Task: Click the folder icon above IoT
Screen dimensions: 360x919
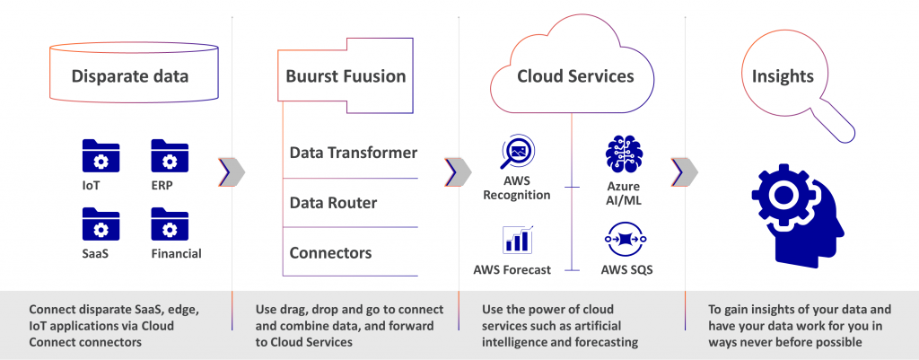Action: [x=101, y=155]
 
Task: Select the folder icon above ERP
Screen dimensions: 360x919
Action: [x=169, y=155]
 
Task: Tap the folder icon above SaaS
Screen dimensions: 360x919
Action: [x=101, y=224]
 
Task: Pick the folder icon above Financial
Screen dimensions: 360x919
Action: [x=169, y=224]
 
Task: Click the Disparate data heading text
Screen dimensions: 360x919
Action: [x=130, y=76]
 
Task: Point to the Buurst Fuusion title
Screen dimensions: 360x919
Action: [x=346, y=76]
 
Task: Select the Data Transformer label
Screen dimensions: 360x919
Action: [x=353, y=153]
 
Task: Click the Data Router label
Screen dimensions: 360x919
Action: [x=333, y=203]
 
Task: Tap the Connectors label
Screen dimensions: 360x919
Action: [x=330, y=253]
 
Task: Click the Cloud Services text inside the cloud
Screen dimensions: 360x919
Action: [x=575, y=76]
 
